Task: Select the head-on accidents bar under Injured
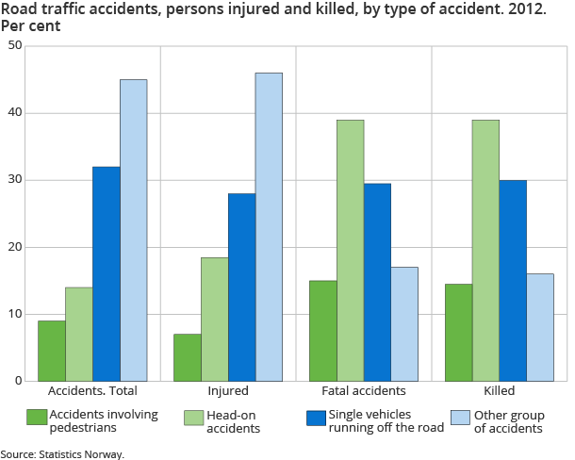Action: click(x=215, y=319)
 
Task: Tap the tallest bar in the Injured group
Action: click(x=269, y=226)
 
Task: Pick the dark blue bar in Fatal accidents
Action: click(x=377, y=282)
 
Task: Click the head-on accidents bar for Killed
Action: click(x=485, y=250)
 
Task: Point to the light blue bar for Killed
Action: click(x=540, y=327)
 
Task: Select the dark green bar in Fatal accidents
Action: click(x=323, y=330)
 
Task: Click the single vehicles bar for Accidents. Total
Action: click(x=106, y=273)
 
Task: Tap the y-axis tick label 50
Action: click(x=16, y=46)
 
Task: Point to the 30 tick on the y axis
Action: click(x=16, y=180)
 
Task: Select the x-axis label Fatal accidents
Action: click(x=364, y=390)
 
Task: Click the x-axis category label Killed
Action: click(x=500, y=390)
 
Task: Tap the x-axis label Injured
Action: click(x=228, y=390)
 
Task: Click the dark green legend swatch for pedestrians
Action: click(x=37, y=417)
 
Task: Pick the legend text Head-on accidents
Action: click(x=234, y=421)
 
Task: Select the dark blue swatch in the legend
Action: click(x=317, y=417)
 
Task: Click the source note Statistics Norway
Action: click(x=62, y=453)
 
